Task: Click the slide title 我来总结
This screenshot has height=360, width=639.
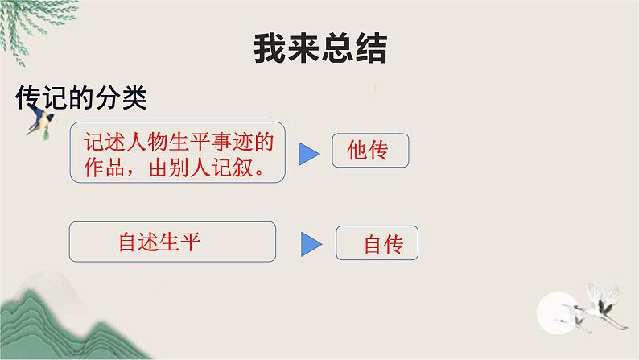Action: click(x=320, y=48)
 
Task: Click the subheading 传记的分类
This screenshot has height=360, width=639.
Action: click(x=81, y=98)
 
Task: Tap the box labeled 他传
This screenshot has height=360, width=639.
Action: click(x=370, y=151)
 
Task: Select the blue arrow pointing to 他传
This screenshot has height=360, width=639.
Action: click(x=309, y=154)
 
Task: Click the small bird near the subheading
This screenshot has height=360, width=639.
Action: click(x=39, y=123)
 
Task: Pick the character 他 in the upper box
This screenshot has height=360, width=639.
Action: click(x=358, y=151)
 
